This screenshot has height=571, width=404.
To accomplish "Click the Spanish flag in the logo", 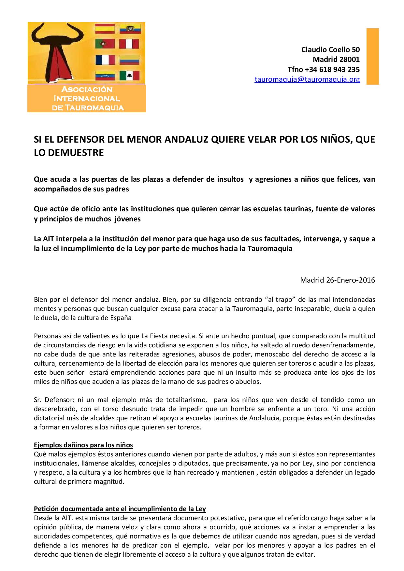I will (x=104, y=29).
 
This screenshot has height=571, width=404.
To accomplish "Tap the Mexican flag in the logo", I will (x=129, y=76).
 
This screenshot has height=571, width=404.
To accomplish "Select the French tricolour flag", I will (x=105, y=60).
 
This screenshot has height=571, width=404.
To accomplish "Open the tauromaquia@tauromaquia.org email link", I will (x=307, y=79).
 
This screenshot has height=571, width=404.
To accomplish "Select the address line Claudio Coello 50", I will (x=330, y=49).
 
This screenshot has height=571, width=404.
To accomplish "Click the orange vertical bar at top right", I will (x=373, y=56).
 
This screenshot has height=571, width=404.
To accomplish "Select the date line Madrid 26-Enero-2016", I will (x=338, y=280).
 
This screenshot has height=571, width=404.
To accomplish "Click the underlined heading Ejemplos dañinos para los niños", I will (x=83, y=445).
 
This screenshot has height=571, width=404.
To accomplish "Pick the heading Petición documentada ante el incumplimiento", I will (x=120, y=509).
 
